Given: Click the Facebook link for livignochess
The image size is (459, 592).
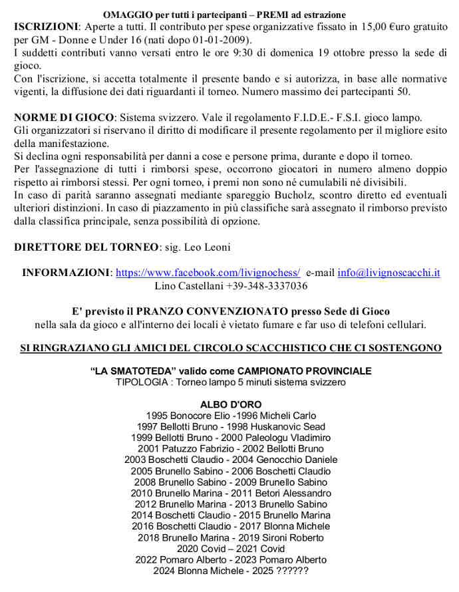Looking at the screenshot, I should (x=208, y=273).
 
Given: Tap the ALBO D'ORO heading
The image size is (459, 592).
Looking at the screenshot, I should (x=231, y=404).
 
